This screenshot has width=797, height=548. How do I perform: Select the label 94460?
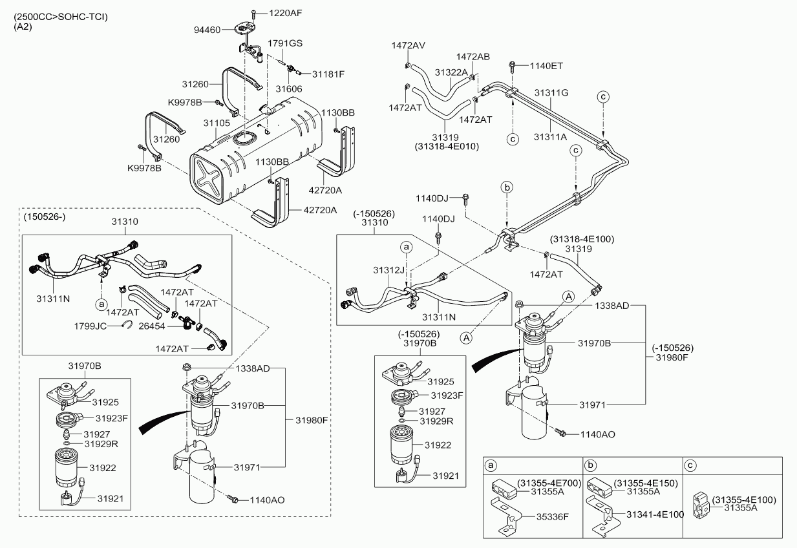pyautogui.click(x=207, y=30)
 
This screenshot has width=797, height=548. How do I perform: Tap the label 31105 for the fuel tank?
pyautogui.click(x=217, y=123)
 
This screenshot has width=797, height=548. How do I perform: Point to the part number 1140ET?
pyautogui.click(x=546, y=65)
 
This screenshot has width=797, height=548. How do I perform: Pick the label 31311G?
pyautogui.click(x=551, y=92)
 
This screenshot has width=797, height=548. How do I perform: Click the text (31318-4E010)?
pyautogui.click(x=447, y=146)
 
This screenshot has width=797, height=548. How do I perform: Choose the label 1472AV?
pyautogui.click(x=408, y=45)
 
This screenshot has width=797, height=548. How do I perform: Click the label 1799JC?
pyautogui.click(x=91, y=326)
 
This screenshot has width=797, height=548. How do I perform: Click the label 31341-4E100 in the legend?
pyautogui.click(x=654, y=514)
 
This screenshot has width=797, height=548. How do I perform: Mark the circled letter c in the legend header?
pyautogui.click(x=691, y=465)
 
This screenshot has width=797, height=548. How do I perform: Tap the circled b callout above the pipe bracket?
pyautogui.click(x=507, y=187)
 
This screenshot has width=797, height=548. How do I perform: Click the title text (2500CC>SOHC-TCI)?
pyautogui.click(x=61, y=16)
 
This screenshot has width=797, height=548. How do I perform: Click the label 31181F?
pyautogui.click(x=328, y=74)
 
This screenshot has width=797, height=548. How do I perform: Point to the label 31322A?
pyautogui.click(x=451, y=72)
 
